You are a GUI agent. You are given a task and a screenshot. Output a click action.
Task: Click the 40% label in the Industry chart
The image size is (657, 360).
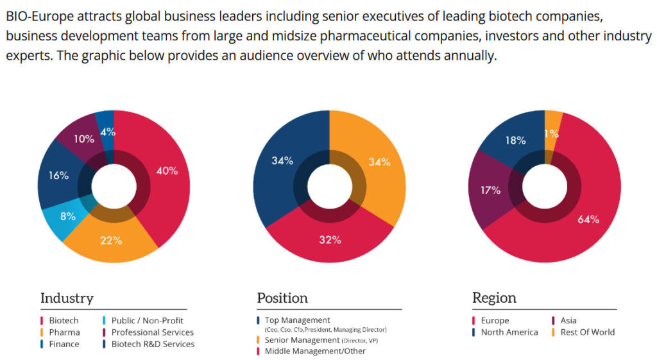[x=167, y=171]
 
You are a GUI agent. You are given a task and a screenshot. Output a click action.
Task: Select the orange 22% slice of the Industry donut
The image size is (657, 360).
[x=111, y=241]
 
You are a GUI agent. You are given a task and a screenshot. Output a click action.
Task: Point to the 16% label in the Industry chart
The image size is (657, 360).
[x=58, y=175]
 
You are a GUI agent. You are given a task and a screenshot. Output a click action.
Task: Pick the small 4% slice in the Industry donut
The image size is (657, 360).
[x=107, y=132]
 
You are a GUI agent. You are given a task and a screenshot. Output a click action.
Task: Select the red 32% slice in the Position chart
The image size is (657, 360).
[x=330, y=240]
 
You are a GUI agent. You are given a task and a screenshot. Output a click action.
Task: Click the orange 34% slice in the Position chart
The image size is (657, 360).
[x=379, y=162]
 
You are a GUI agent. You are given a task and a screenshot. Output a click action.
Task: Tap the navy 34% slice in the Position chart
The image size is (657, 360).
[x=282, y=160]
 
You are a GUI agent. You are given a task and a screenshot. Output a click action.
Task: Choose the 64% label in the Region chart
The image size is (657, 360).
[x=588, y=219]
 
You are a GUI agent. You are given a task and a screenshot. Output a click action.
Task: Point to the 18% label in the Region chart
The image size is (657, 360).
[x=515, y=140]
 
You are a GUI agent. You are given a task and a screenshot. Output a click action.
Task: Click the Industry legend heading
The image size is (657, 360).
[x=67, y=298]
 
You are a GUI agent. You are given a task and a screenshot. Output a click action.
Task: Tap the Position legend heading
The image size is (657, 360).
[x=282, y=298]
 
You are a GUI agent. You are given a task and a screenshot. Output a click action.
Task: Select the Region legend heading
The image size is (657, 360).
[x=494, y=298]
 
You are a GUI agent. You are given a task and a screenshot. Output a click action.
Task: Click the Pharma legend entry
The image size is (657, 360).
[x=64, y=332]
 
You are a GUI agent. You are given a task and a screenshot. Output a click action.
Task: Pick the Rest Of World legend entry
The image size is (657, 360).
[x=587, y=332]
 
